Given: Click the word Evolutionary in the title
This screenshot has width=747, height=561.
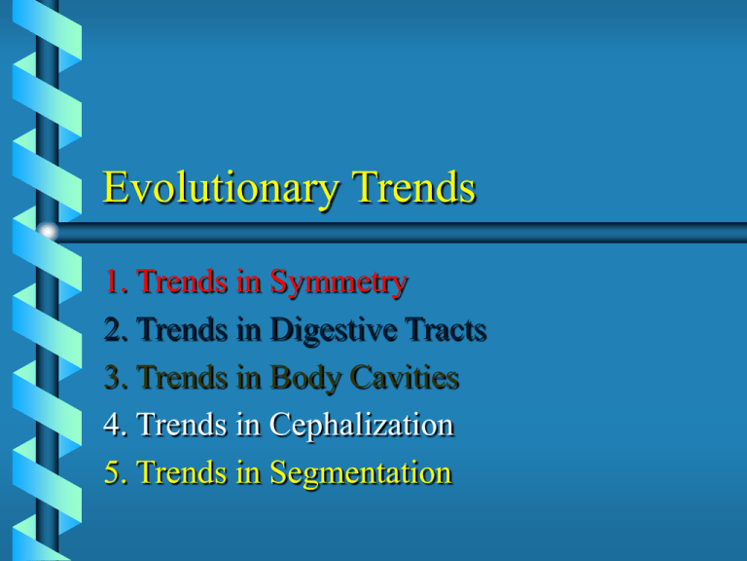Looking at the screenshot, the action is pos(221,188).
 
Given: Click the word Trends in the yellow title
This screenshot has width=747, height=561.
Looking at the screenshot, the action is pos(413,187).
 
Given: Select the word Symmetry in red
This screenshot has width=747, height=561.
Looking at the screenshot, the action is pos(338,282).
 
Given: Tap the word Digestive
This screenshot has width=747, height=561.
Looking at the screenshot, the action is pos(333,330).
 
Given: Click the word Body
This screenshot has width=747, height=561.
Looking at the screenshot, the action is pos(304,378).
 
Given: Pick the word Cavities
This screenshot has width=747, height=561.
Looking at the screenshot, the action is pos(404,377).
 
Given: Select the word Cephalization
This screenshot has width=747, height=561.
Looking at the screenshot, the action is pos(361,426).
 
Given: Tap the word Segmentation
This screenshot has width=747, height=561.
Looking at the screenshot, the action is pos(361,473).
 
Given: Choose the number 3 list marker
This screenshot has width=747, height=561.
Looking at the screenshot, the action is pos(113,377).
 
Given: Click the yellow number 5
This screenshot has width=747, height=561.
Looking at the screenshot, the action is pos(113,472).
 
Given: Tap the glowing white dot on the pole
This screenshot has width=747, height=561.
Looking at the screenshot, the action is pos(47,232).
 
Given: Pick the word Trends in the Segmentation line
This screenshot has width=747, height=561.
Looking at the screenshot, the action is pos(182,472).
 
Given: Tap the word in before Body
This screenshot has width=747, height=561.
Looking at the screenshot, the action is pos(249,377).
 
